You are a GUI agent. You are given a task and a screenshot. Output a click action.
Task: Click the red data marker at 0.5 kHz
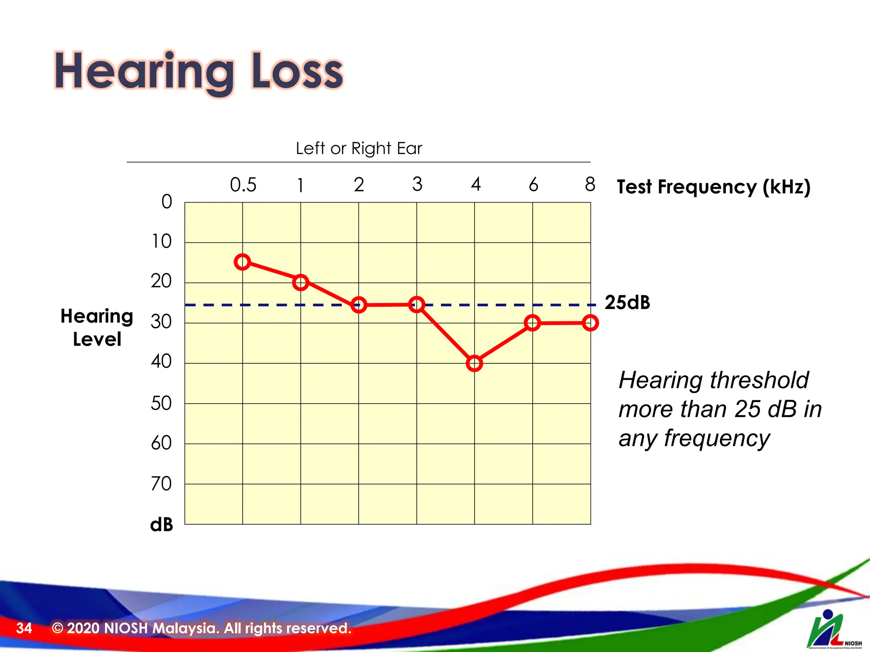click(x=242, y=262)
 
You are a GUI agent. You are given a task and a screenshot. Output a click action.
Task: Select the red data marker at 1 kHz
click(x=300, y=282)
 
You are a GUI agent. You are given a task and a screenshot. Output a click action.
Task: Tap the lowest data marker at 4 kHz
click(x=474, y=363)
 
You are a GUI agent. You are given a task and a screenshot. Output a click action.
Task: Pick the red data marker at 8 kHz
click(x=590, y=323)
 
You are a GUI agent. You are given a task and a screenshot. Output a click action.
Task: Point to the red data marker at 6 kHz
click(x=532, y=323)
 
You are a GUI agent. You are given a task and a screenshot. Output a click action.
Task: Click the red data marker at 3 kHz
click(x=417, y=304)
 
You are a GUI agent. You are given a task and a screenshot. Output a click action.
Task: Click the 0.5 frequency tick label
click(x=243, y=185)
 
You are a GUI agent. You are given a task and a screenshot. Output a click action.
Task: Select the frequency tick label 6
click(x=534, y=185)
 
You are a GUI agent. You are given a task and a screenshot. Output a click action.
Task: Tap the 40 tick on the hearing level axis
click(x=161, y=362)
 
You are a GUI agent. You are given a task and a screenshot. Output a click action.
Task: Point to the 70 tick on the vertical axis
click(x=161, y=484)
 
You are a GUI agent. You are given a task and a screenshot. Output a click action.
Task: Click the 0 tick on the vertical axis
click(x=167, y=202)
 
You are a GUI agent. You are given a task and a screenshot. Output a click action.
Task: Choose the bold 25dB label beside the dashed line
click(x=627, y=303)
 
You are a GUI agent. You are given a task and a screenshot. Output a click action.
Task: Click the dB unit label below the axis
click(x=161, y=525)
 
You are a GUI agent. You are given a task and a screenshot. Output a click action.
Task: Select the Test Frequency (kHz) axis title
click(x=713, y=187)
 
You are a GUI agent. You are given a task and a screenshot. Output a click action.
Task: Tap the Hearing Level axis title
click(x=97, y=327)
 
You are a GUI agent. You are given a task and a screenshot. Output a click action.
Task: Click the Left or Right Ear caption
click(x=359, y=149)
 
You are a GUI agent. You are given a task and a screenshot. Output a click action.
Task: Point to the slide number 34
click(x=24, y=628)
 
